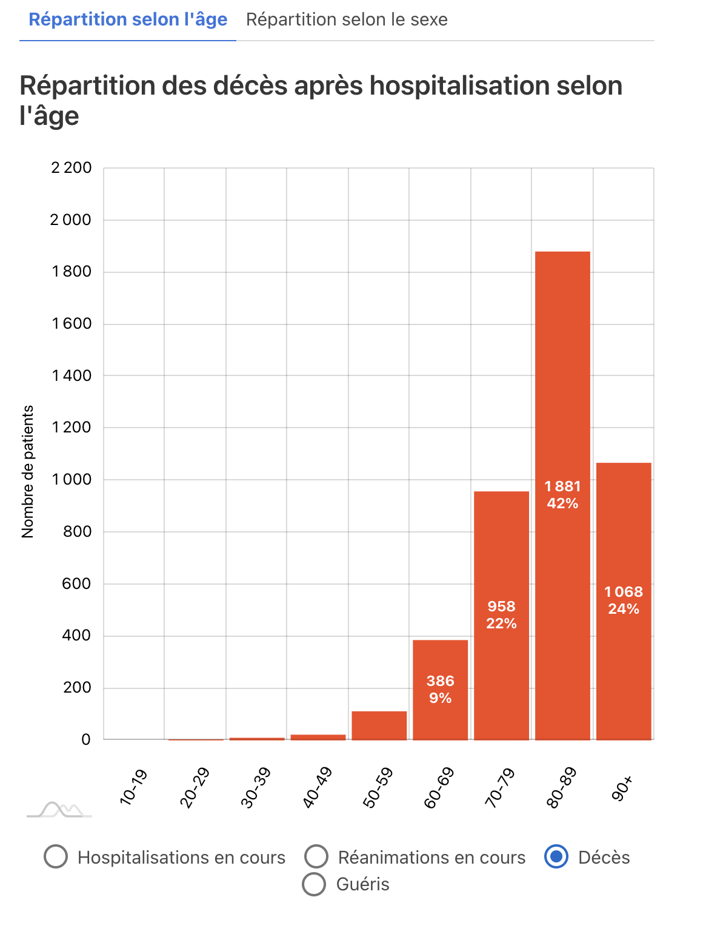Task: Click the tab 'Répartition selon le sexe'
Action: (347, 20)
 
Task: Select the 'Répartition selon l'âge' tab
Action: (128, 20)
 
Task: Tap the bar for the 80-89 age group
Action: (562, 364)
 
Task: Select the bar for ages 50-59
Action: (379, 725)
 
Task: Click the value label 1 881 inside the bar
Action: (562, 486)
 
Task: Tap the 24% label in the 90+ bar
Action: (624, 609)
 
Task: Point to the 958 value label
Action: (501, 606)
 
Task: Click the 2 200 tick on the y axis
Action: (72, 168)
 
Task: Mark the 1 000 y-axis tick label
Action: (72, 480)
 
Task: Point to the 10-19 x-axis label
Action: (134, 787)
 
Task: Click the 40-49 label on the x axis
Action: (317, 788)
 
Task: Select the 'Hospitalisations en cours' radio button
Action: (56, 857)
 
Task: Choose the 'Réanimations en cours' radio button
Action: (316, 857)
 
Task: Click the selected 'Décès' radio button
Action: (556, 857)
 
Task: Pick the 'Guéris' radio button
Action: (314, 884)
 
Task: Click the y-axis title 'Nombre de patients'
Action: (28, 472)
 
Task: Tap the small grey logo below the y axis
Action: (59, 810)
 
